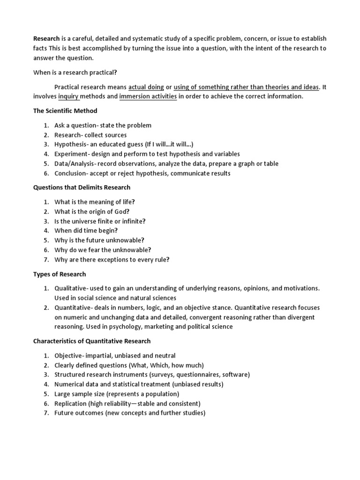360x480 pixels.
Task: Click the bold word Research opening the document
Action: [46, 38]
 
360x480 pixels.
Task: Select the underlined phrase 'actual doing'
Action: [146, 87]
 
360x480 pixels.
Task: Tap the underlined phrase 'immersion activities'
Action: [148, 97]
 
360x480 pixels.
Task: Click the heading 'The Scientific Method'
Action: [65, 111]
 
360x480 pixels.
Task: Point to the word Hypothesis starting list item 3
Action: [70, 144]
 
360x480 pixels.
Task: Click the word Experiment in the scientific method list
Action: [70, 154]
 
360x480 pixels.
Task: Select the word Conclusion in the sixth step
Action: [70, 173]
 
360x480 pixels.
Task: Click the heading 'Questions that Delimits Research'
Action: [82, 187]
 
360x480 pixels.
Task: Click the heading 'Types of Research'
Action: [60, 274]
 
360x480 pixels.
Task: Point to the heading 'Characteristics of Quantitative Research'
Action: [92, 341]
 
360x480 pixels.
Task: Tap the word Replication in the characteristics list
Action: [70, 404]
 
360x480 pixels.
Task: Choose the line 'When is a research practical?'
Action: [75, 73]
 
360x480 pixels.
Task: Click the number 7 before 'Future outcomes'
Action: [46, 413]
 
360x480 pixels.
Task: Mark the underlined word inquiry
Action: [69, 97]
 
